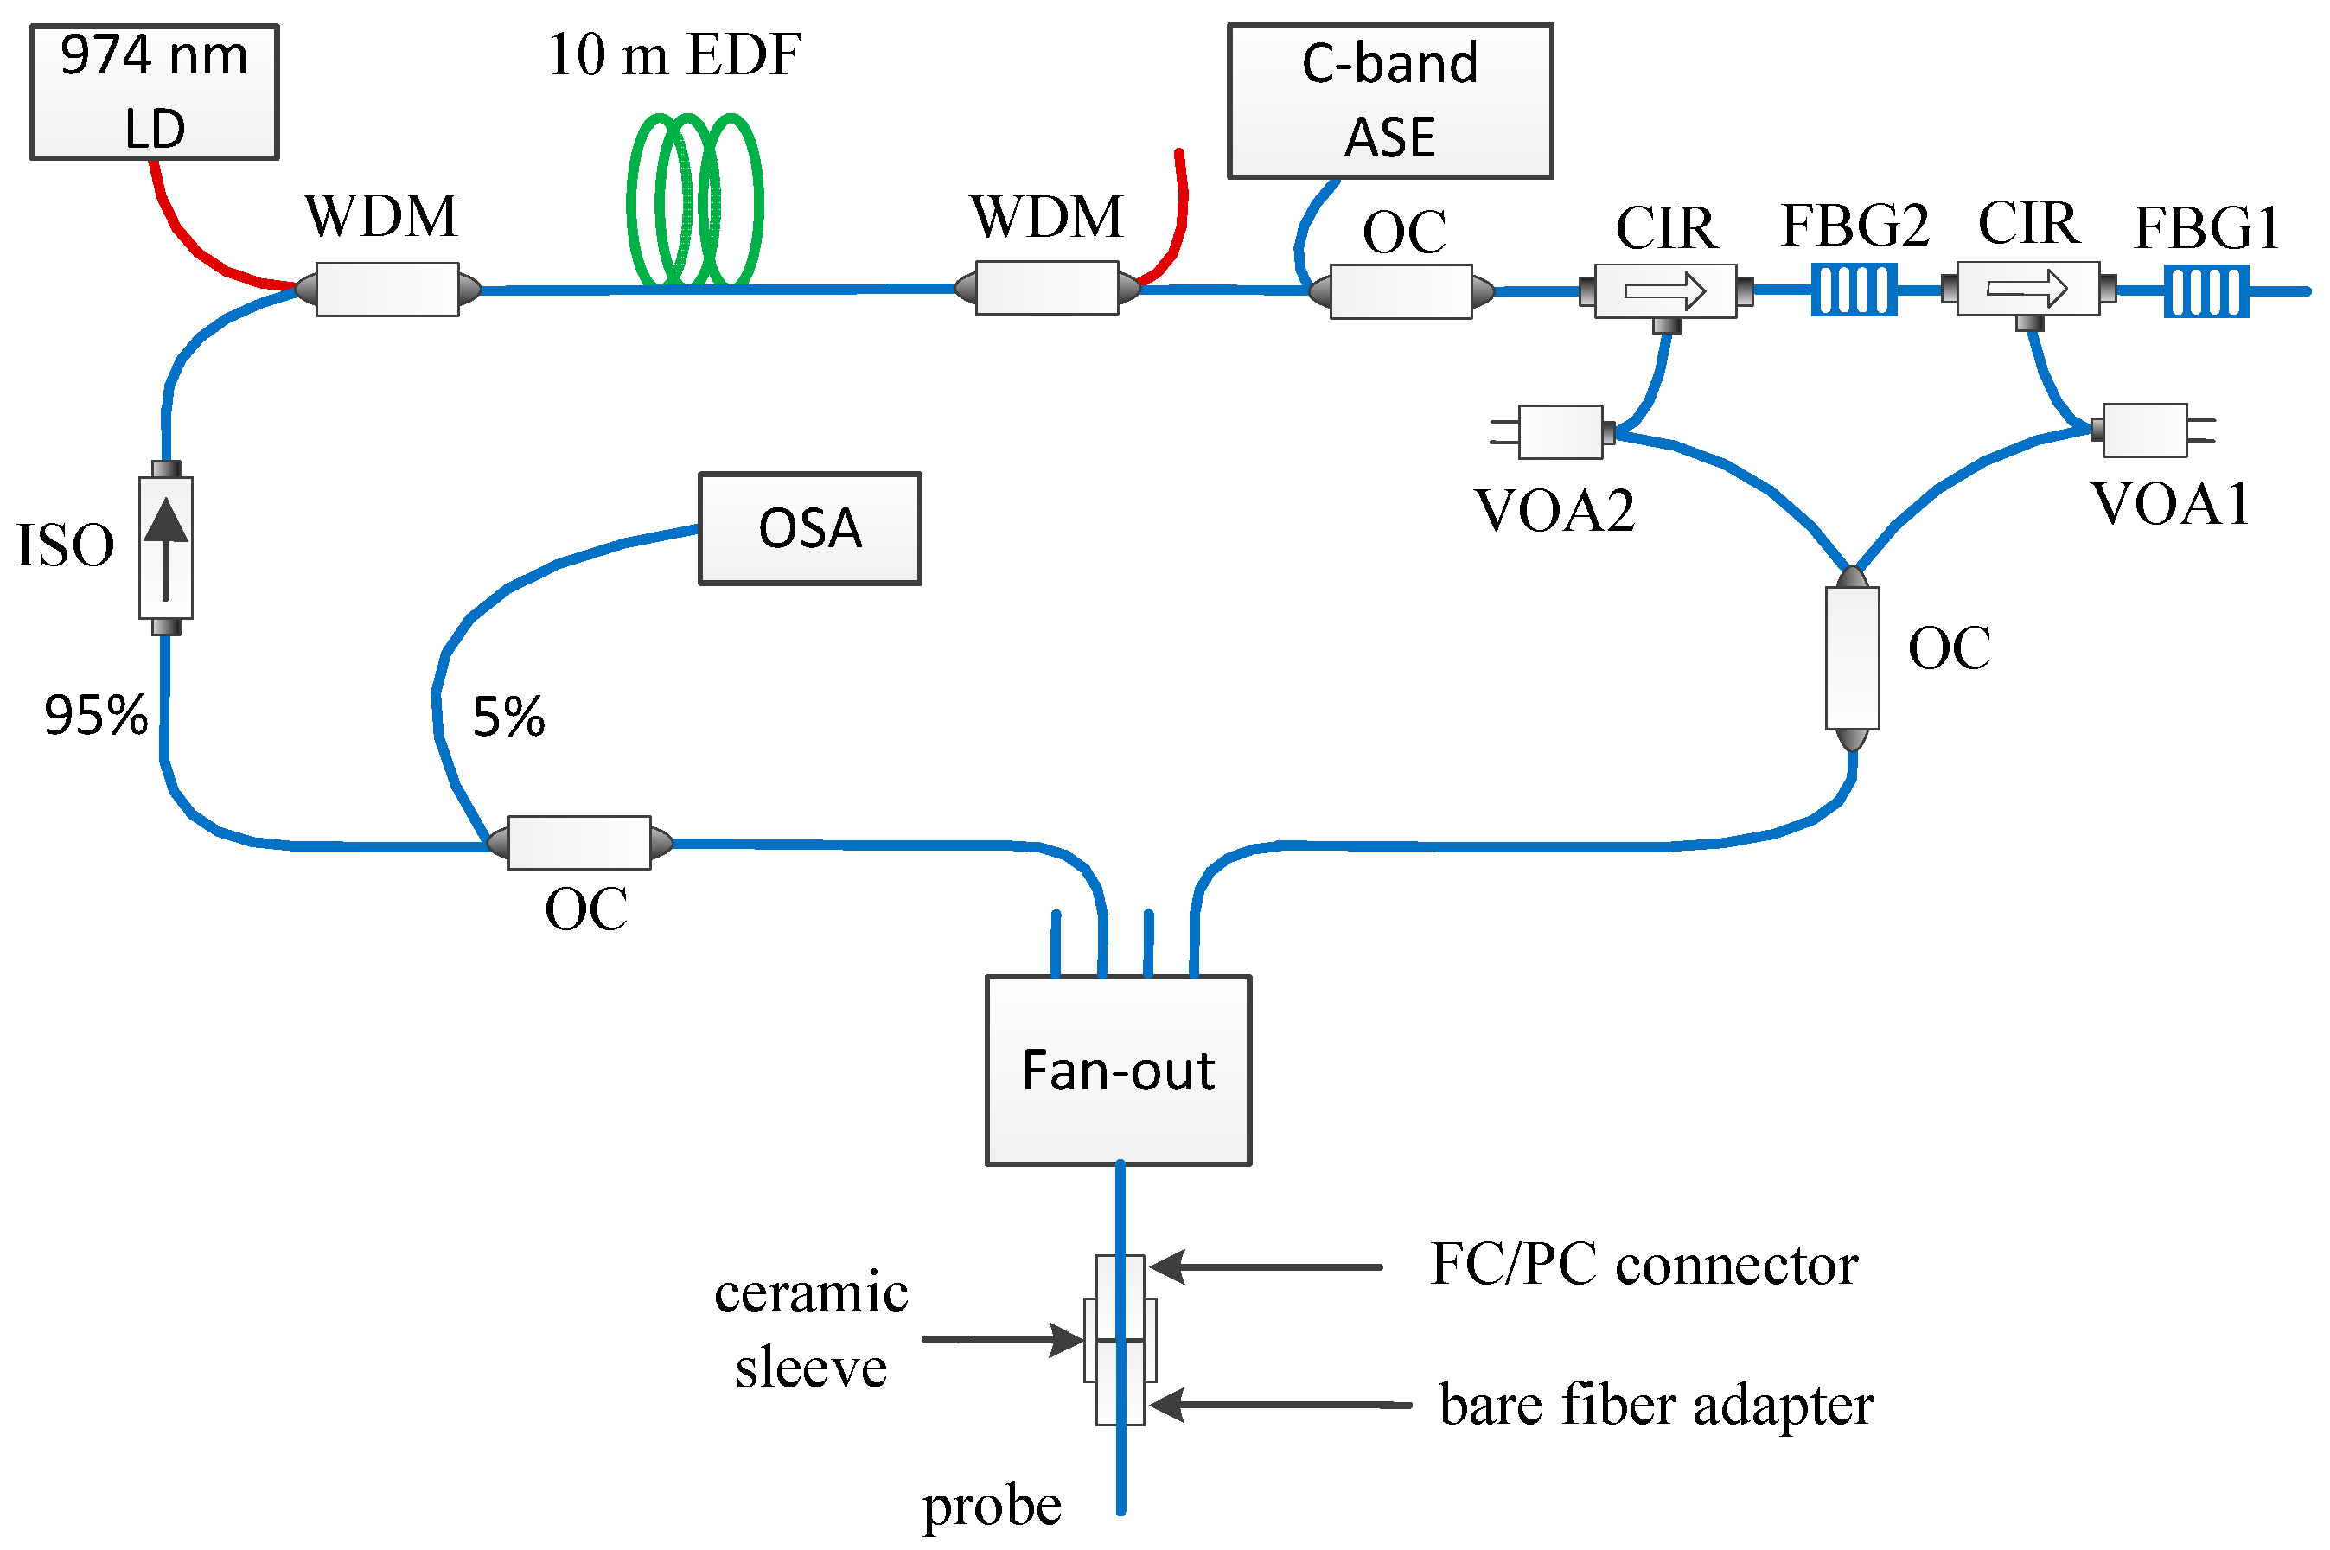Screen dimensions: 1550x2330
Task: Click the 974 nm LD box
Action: click(x=154, y=92)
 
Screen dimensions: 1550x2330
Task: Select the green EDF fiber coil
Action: click(x=694, y=201)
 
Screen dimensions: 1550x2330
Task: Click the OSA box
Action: click(x=808, y=528)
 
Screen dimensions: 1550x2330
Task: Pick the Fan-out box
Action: click(x=1117, y=1070)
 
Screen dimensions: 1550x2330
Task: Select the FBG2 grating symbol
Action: click(x=1853, y=290)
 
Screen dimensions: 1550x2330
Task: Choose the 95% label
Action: click(x=96, y=715)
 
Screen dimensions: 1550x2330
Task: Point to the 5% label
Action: click(x=508, y=717)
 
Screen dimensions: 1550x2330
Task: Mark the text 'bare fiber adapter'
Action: click(x=1655, y=1405)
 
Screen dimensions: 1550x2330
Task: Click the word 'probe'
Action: click(x=991, y=1506)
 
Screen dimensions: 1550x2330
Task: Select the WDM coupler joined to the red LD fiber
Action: click(x=386, y=289)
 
